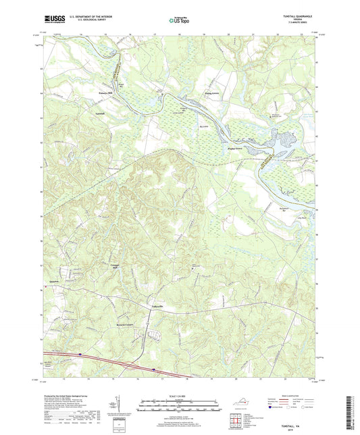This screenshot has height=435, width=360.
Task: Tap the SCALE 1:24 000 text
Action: pyautogui.click(x=179, y=395)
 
